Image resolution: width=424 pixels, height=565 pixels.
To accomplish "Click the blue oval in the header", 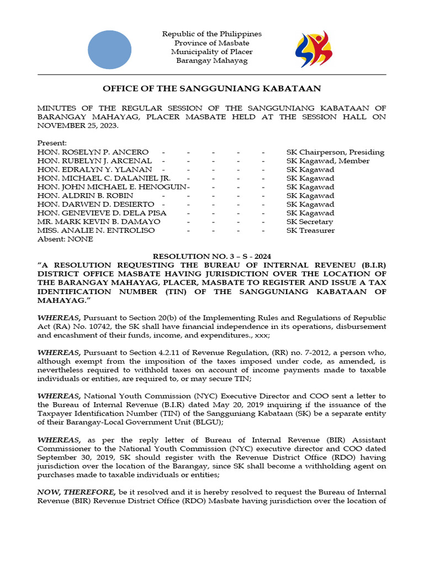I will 109,50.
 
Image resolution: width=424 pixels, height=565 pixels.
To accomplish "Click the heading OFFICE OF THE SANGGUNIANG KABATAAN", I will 212,89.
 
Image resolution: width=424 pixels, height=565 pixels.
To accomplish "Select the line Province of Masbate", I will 212,43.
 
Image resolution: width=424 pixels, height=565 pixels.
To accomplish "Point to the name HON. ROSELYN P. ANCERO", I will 93,152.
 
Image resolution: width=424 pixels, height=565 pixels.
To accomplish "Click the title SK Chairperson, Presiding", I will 335,152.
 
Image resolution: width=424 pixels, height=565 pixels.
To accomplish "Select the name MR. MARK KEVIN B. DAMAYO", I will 99,222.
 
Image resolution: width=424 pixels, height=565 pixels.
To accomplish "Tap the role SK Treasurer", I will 310,231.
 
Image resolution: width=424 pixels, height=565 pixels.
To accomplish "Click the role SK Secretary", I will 310,222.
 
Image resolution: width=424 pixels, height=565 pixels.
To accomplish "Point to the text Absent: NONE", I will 65,239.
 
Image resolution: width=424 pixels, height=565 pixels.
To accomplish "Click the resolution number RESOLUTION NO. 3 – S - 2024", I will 211,257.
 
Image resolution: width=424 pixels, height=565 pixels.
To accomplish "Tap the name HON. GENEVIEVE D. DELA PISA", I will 102,213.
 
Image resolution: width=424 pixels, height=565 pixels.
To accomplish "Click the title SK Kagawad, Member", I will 328,161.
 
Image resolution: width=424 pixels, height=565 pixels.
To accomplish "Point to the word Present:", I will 52,143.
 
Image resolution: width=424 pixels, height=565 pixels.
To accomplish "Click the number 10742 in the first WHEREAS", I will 89,327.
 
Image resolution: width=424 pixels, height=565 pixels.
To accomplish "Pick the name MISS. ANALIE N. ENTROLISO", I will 96,231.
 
